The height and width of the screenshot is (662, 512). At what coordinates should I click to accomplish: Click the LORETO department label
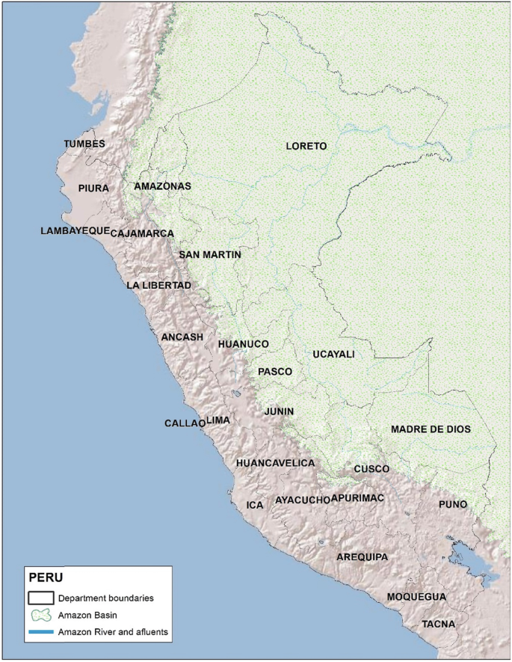tap(306, 147)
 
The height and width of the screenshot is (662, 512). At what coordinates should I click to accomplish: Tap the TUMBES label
tap(84, 144)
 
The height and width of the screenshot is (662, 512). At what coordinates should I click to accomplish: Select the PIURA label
tap(93, 189)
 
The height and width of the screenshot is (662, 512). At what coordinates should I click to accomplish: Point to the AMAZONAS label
tap(163, 186)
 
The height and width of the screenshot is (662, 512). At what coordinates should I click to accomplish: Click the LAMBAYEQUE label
tap(75, 231)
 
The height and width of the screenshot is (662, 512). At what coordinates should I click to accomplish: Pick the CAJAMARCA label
tap(142, 234)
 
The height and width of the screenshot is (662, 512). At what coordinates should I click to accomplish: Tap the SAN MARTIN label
tap(210, 255)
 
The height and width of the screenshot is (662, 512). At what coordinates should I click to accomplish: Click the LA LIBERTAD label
tap(159, 286)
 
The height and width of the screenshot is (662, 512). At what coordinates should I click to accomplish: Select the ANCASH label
tap(182, 337)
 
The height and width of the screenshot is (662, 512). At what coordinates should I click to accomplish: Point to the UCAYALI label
tap(333, 354)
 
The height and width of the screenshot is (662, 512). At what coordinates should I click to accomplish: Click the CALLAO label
tap(185, 423)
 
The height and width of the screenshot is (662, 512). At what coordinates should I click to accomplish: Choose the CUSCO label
tap(371, 469)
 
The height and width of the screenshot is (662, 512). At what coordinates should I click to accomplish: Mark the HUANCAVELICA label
tap(275, 464)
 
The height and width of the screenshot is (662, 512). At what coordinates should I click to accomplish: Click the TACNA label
tap(437, 623)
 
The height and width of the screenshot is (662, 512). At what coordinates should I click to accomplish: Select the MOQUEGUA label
tap(416, 597)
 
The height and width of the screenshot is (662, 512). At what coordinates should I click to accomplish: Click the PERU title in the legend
tap(46, 578)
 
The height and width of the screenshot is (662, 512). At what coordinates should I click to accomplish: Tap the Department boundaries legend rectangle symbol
tap(40, 598)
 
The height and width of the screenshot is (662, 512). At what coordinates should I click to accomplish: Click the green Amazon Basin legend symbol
tap(40, 615)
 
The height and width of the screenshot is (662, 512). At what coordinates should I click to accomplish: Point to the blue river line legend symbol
tap(40, 632)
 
